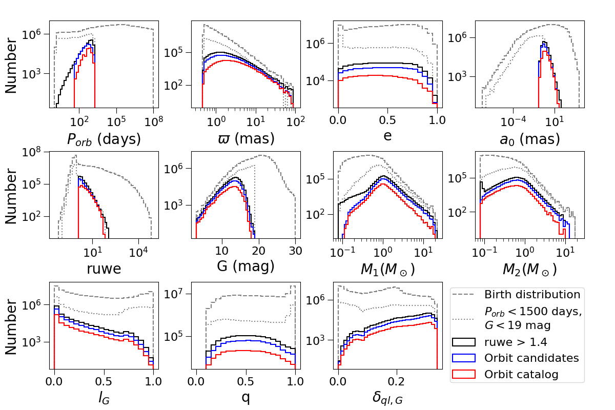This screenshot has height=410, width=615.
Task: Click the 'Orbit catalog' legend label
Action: pos(521,374)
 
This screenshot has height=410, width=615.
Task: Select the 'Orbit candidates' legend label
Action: pos(531,358)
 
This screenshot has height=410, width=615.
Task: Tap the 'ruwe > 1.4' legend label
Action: pos(516,341)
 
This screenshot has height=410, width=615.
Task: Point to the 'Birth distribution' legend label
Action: pos(532,295)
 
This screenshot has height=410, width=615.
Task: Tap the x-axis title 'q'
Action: pos(245,398)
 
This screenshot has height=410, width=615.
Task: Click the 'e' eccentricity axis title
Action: pos(387,138)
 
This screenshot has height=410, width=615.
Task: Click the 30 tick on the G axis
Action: pos(296,250)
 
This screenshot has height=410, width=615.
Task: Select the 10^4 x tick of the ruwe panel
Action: pos(139,251)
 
